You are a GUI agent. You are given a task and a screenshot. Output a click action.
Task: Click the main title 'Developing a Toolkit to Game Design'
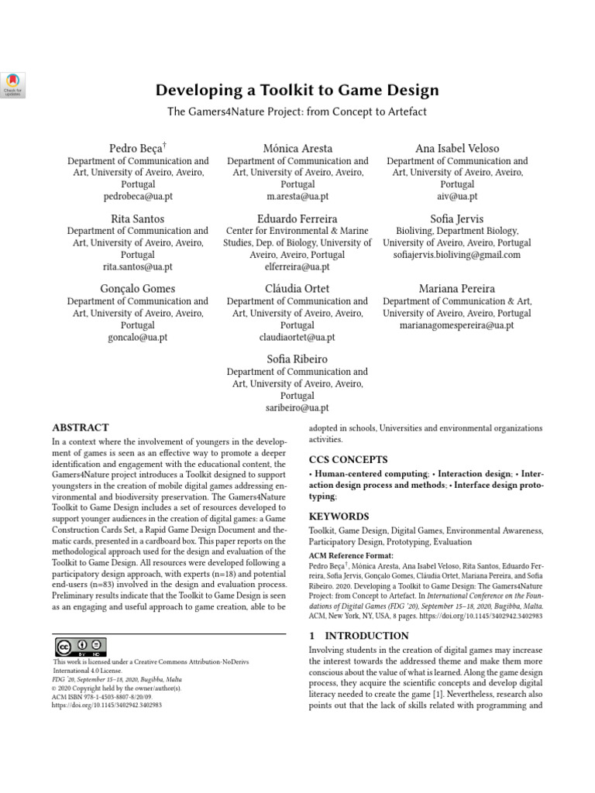click(297, 91)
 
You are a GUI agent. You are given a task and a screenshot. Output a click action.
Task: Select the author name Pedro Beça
click(138, 148)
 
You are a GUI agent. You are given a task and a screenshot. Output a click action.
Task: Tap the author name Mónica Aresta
click(297, 148)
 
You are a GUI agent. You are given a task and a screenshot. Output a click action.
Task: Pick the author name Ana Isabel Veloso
click(457, 148)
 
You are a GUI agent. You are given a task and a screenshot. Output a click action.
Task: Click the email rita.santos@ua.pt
click(138, 267)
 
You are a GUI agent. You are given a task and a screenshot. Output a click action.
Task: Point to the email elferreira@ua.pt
click(297, 267)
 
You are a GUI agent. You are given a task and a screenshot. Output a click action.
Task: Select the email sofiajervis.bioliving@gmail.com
click(457, 255)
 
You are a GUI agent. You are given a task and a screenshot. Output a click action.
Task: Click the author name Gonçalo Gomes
click(138, 289)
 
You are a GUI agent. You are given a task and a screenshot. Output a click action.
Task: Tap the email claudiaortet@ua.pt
click(297, 338)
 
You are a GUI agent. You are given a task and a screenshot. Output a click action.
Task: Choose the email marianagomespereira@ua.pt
click(457, 326)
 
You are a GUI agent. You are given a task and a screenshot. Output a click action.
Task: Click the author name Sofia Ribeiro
click(297, 359)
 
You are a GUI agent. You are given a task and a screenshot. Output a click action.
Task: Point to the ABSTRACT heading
click(81, 427)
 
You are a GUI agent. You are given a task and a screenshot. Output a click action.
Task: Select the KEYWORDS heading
click(339, 517)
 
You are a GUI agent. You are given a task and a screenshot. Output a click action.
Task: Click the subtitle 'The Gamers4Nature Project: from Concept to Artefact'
click(297, 112)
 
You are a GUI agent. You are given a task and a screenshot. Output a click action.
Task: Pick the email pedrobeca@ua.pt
click(138, 197)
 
